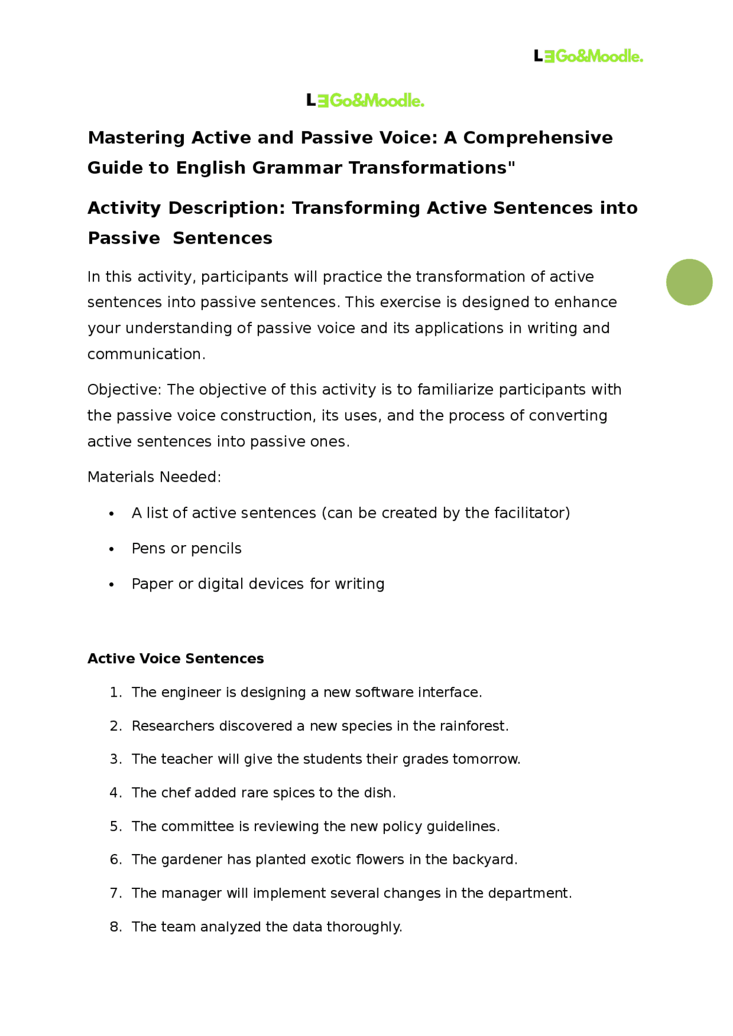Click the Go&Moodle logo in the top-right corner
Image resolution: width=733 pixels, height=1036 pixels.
tap(588, 56)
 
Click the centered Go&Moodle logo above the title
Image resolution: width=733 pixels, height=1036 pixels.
tap(365, 101)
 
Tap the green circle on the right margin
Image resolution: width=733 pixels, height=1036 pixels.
tap(689, 282)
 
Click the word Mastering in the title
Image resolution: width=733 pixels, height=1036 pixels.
tap(136, 138)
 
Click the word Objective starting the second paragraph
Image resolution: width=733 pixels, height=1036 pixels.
tap(124, 390)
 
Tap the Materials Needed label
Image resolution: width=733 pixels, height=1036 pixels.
tap(154, 477)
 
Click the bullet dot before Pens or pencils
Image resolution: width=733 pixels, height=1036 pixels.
tap(112, 549)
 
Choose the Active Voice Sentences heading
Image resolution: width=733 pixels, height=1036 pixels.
tap(175, 659)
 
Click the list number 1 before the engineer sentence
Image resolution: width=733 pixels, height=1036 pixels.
tap(115, 693)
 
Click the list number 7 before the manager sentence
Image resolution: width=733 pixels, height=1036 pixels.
tap(115, 894)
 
